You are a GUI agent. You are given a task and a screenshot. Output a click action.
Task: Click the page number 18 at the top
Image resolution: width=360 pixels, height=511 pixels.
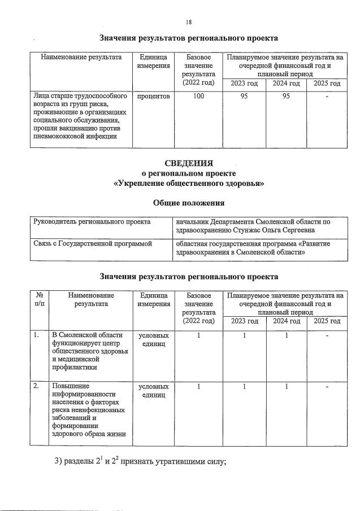[x=189, y=22]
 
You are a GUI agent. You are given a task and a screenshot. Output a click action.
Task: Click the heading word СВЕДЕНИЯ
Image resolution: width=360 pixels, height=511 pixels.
[x=188, y=164]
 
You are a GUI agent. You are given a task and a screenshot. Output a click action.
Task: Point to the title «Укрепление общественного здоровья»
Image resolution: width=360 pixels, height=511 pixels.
[x=188, y=184]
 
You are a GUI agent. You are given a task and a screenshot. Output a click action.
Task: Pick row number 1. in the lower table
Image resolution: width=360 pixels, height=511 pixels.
[x=36, y=336]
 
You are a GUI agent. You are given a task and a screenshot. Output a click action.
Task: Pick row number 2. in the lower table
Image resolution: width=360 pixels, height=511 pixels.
[x=36, y=386]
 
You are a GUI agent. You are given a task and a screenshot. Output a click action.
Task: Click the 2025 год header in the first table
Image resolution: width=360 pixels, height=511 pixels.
[x=327, y=84]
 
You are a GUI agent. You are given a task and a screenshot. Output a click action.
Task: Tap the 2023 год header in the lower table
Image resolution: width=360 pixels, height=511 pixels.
[x=244, y=321]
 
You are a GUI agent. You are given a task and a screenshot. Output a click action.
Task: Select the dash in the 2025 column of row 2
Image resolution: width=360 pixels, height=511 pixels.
[x=327, y=387]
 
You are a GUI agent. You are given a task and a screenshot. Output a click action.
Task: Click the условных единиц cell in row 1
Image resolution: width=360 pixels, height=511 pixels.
[x=153, y=340]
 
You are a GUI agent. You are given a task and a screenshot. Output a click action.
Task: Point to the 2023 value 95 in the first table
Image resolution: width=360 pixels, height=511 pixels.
[x=244, y=97]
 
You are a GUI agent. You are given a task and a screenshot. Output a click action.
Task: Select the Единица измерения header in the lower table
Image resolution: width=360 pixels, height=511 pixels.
[x=153, y=299]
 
